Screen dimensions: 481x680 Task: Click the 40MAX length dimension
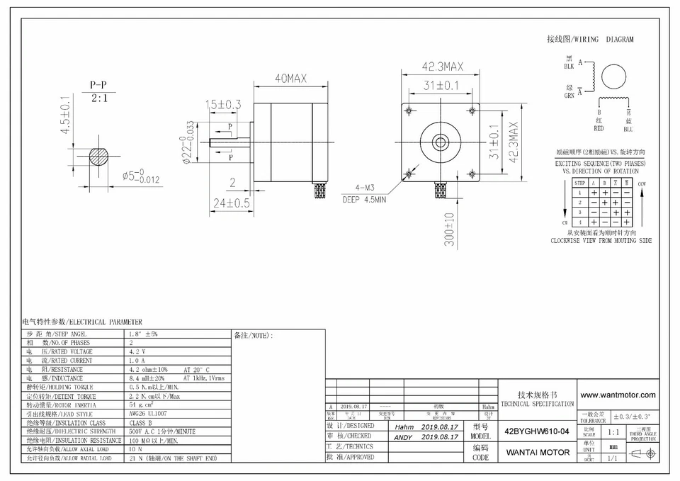(x=290, y=79)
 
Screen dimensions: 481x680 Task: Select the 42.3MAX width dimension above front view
(x=442, y=67)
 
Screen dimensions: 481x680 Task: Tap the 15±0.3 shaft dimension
(x=224, y=105)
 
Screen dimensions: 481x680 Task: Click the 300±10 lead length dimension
(x=449, y=230)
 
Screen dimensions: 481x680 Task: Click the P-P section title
(x=98, y=84)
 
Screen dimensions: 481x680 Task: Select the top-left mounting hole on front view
(x=409, y=111)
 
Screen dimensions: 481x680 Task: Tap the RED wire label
(x=599, y=129)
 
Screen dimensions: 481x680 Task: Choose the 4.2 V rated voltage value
(x=137, y=351)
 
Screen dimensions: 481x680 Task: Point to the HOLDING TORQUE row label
(x=59, y=387)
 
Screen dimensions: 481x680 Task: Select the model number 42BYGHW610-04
(x=536, y=431)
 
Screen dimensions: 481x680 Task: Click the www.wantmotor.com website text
(x=618, y=395)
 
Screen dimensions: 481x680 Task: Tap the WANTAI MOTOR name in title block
(x=537, y=452)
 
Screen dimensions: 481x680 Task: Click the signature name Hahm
(x=404, y=428)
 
